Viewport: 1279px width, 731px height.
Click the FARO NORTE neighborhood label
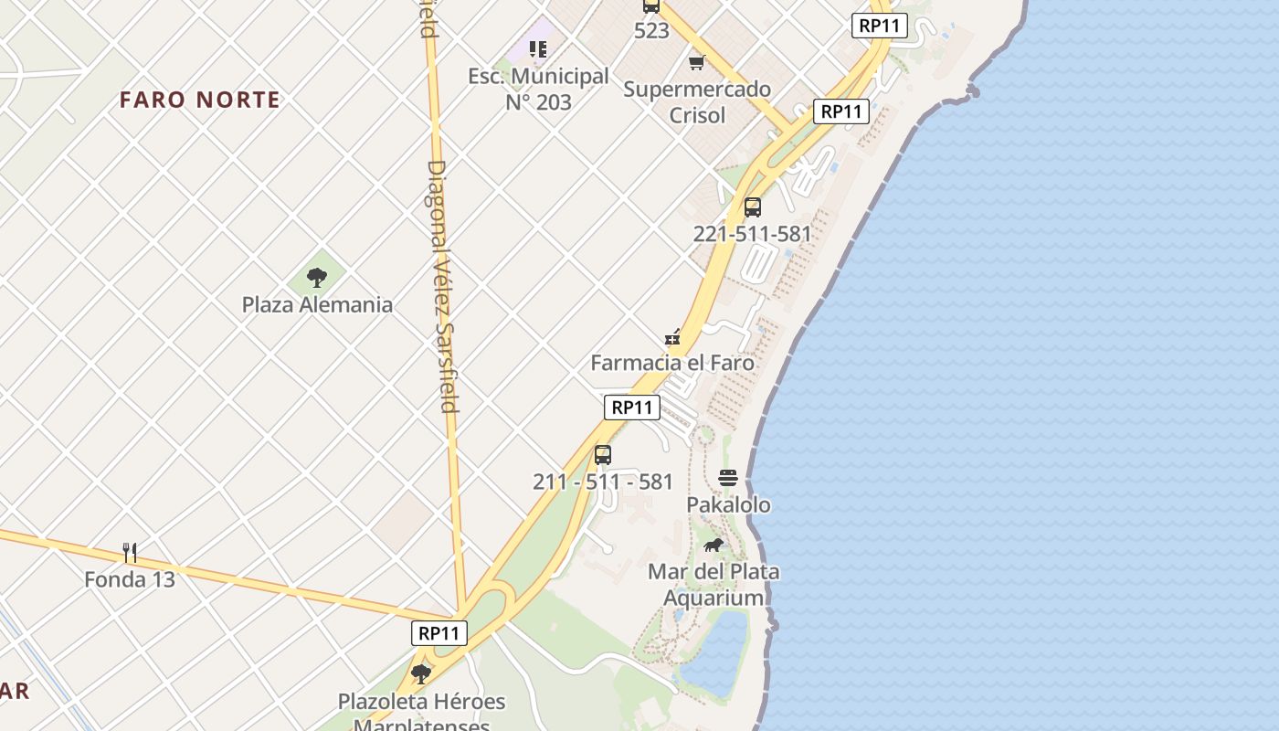(199, 100)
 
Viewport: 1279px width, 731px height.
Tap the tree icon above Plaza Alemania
(317, 277)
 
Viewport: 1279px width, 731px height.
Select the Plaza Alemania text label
(317, 304)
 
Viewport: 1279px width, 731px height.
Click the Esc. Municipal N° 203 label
(538, 89)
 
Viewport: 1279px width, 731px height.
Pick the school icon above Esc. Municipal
(538, 48)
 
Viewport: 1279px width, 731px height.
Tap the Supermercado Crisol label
(697, 101)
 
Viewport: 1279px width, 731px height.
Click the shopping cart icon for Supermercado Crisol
(697, 62)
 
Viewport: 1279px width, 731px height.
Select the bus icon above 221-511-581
(752, 207)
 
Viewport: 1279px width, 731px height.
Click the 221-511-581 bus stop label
(752, 234)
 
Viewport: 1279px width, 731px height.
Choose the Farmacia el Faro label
(672, 363)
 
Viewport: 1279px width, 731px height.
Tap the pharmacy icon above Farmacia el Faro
(673, 337)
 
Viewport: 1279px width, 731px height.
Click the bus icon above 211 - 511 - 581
(603, 455)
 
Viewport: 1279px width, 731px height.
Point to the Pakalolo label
(728, 504)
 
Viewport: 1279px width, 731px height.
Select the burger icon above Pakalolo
(728, 478)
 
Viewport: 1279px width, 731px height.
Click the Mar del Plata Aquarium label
(713, 585)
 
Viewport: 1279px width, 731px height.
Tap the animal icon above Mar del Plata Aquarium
(713, 546)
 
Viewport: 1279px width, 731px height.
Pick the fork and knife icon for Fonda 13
(130, 552)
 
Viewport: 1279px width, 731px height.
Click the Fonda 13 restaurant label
(130, 579)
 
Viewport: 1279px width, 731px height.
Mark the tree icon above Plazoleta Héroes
(421, 674)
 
